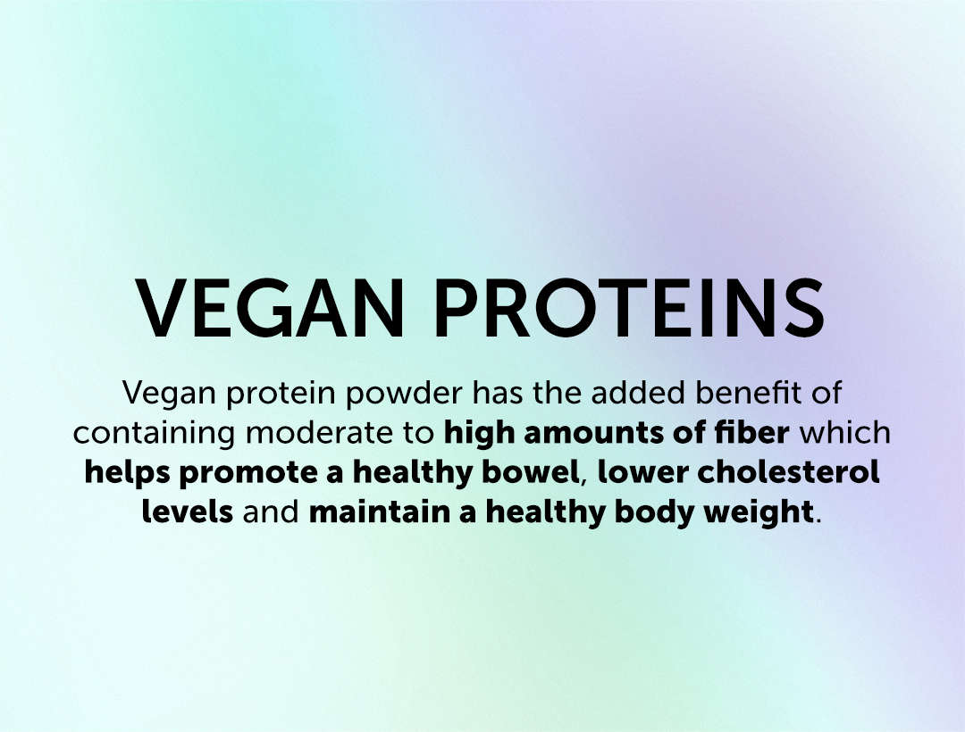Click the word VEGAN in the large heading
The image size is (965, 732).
(x=270, y=308)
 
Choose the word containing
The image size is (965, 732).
(x=154, y=433)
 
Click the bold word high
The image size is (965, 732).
(x=479, y=433)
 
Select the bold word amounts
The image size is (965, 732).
(x=592, y=433)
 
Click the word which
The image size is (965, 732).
(x=845, y=432)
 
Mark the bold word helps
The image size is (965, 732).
(x=127, y=472)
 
